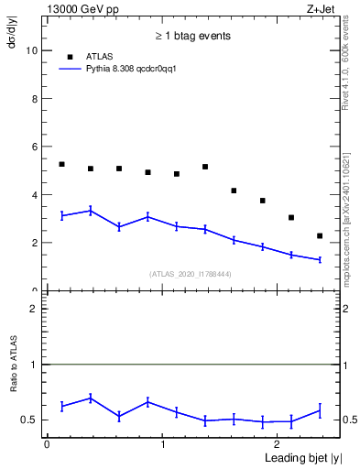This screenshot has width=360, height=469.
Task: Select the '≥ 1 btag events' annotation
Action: [x=192, y=36]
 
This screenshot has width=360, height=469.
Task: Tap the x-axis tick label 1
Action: [x=163, y=443]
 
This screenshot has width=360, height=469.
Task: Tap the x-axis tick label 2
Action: [x=279, y=443]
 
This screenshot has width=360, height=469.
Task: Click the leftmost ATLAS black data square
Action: [x=61, y=164]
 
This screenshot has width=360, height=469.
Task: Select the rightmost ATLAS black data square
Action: [x=320, y=236]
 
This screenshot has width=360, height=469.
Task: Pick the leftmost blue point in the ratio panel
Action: [x=61, y=406]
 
